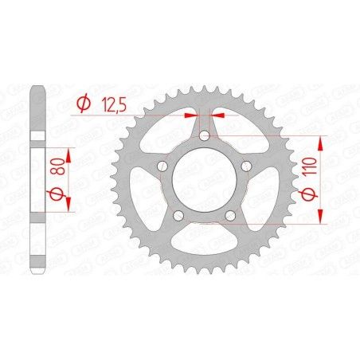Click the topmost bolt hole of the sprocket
(x=205, y=136)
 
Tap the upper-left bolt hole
(x=163, y=166)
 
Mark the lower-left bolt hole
(x=179, y=215)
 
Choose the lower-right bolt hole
(x=230, y=215)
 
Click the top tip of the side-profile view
(x=37, y=85)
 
